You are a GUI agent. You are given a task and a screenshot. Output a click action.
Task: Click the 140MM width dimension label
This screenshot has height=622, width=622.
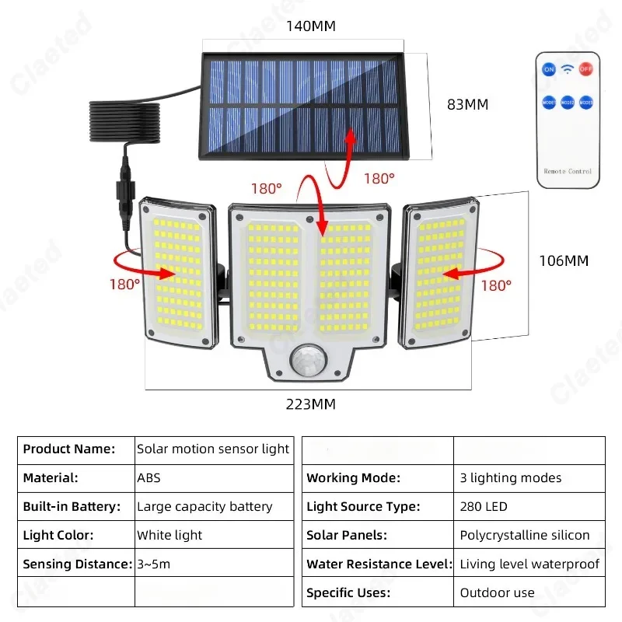(310, 26)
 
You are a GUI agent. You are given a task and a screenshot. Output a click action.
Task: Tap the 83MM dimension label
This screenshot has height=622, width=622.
(467, 104)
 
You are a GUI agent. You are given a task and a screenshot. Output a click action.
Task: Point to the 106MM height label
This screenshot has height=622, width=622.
(564, 260)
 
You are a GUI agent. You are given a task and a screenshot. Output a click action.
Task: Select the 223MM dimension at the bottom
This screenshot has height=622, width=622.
(311, 404)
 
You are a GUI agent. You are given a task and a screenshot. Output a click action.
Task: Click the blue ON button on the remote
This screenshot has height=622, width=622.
(549, 70)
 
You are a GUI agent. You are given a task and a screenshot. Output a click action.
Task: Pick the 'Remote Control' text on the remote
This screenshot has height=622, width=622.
(568, 171)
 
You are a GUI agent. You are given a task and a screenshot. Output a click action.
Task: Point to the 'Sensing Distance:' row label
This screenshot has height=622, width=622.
(75, 564)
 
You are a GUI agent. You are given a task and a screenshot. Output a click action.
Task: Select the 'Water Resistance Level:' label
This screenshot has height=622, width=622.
(377, 564)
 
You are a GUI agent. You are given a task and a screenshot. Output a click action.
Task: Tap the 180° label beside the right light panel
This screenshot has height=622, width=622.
(496, 285)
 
